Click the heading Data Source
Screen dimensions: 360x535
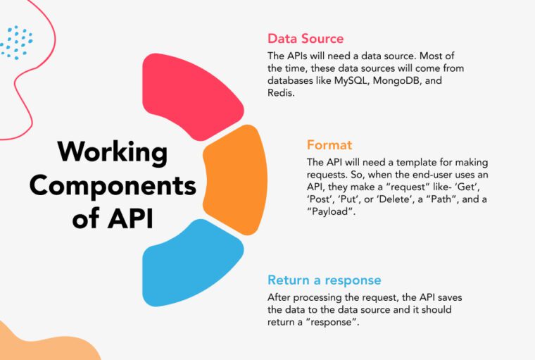pyautogui.click(x=306, y=38)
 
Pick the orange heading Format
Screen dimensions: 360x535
pyautogui.click(x=329, y=145)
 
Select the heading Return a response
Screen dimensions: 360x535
pyautogui.click(x=324, y=280)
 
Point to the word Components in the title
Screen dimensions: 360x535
pyautogui.click(x=113, y=185)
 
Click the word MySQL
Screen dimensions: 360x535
pyautogui.click(x=352, y=81)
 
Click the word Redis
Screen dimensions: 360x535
pyautogui.click(x=281, y=94)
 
